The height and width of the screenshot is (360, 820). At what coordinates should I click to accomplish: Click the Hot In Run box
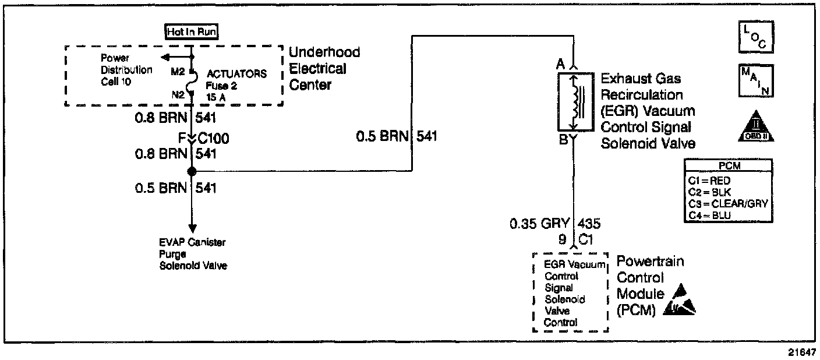pos(192,33)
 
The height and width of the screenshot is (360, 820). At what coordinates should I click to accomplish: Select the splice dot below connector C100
pos(192,171)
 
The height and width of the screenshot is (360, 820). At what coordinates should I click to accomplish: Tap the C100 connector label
pos(213,139)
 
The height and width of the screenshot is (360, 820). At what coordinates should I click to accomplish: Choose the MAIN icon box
pos(754,80)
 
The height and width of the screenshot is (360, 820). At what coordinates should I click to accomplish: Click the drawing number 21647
pos(798,352)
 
